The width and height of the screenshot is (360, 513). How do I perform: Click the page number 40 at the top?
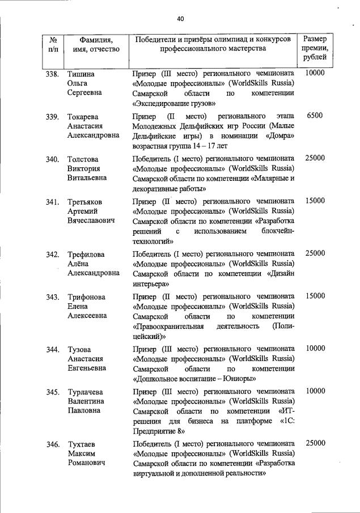(x=180, y=19)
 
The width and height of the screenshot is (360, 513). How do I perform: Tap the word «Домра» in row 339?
(x=280, y=137)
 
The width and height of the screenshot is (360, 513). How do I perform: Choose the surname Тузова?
(x=79, y=349)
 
